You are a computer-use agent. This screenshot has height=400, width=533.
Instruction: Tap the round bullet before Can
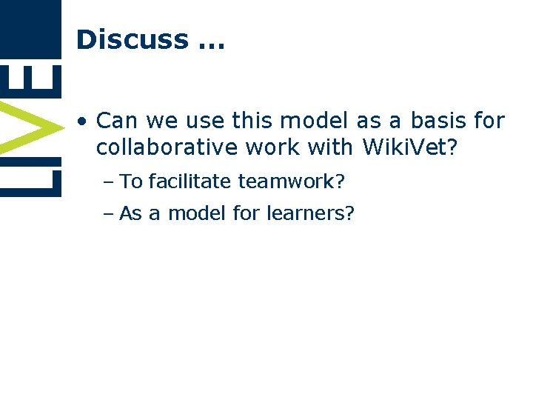tap(85, 120)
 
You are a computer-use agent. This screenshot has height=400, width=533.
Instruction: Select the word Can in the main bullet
tap(118, 120)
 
